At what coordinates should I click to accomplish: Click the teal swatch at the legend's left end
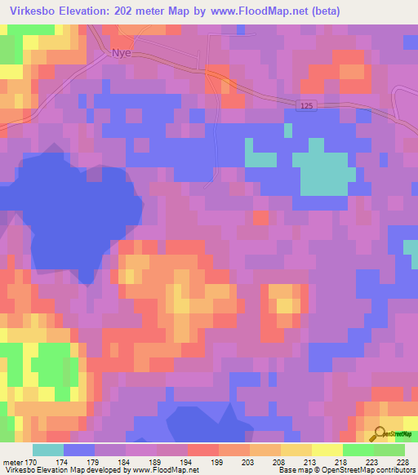[x=48, y=450]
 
